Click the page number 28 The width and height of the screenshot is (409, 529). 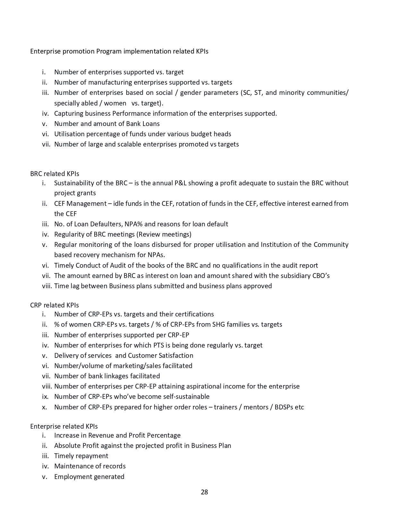point(204,492)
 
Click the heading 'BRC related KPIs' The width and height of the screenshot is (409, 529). point(55,174)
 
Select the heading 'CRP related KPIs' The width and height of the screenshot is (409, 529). point(55,305)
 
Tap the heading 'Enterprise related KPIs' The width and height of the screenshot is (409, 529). point(64,426)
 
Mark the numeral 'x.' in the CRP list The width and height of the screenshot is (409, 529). point(45,407)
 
